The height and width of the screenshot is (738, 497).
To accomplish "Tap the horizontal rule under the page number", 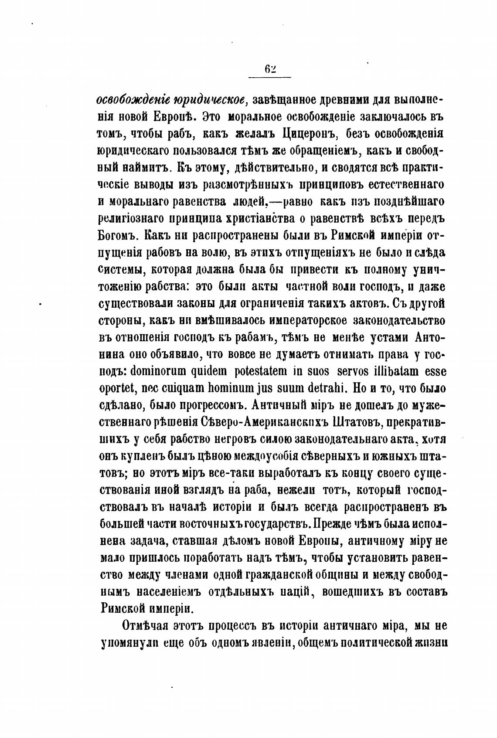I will click(x=269, y=78).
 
